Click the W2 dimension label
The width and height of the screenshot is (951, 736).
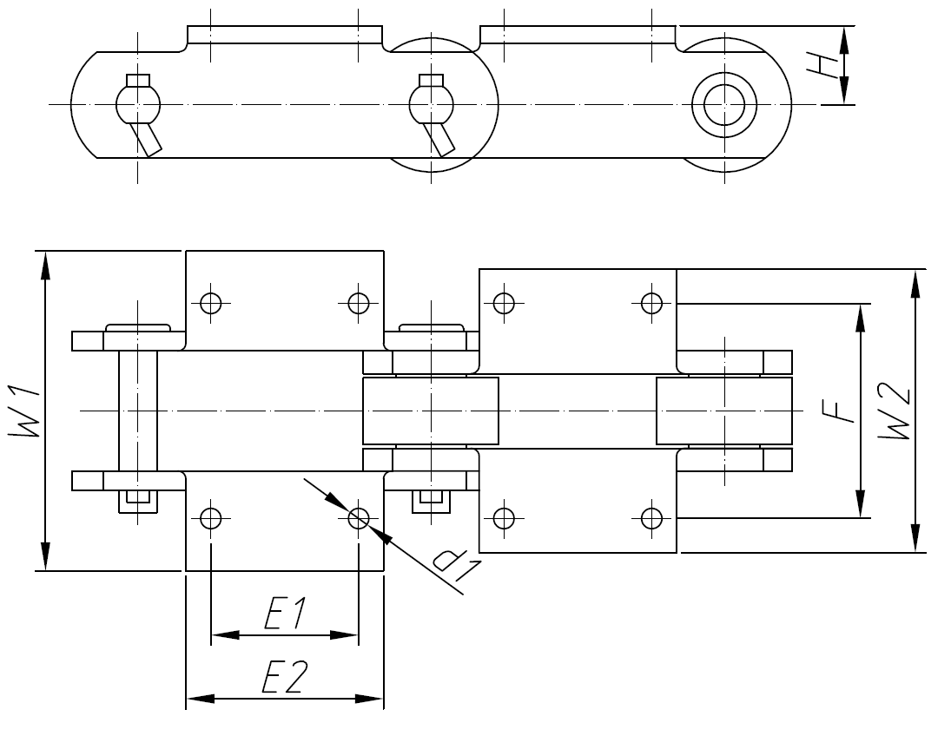pos(895,411)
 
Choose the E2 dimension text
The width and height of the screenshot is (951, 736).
pos(284,678)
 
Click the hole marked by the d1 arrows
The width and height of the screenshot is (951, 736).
pos(358,519)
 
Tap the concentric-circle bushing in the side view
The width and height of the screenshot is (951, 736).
pos(723,106)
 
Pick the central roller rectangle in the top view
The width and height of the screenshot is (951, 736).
pos(431,411)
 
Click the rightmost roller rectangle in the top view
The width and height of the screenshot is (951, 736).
pos(724,411)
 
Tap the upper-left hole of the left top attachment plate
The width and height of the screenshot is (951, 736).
pos(209,302)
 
